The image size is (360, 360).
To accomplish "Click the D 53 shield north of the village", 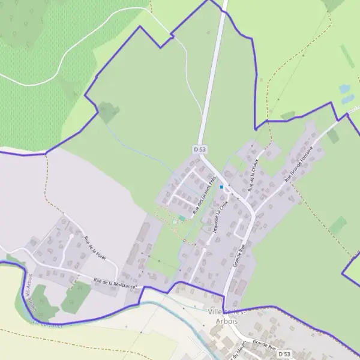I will pos(200,148).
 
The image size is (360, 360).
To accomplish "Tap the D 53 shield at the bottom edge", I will pos(286,355).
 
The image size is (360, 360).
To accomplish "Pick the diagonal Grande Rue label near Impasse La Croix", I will pos(239,254).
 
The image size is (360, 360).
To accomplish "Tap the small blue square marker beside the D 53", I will pos(221,187).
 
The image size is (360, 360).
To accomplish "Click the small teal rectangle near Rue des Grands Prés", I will pos(182,217).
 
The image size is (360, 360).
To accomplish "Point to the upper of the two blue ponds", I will pos(344,89).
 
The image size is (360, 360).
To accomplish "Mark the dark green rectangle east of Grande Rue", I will pos(338,226).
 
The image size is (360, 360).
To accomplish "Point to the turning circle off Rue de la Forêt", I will pos(71,235).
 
